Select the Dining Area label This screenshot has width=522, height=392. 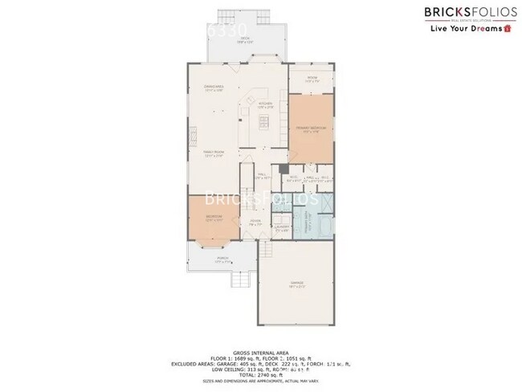[214, 88]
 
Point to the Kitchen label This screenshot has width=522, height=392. [265, 104]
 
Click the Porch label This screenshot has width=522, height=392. [222, 259]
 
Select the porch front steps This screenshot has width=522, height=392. [239, 280]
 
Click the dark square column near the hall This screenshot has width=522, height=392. [284, 169]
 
